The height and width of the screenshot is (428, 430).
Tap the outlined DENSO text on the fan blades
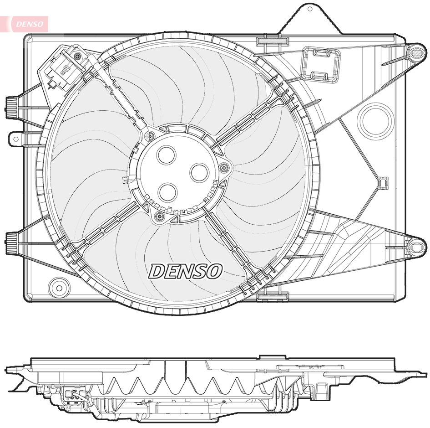(185, 271)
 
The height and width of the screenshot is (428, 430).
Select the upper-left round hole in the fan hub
(166, 155)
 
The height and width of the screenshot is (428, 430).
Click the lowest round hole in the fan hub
(168, 192)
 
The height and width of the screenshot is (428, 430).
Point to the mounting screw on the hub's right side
(223, 168)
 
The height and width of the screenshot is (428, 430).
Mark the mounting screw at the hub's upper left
(150, 135)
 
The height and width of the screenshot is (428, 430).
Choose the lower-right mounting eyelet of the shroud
(415, 247)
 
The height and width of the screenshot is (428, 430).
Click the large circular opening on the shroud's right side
(375, 120)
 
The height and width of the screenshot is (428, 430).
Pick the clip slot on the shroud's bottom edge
(273, 297)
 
